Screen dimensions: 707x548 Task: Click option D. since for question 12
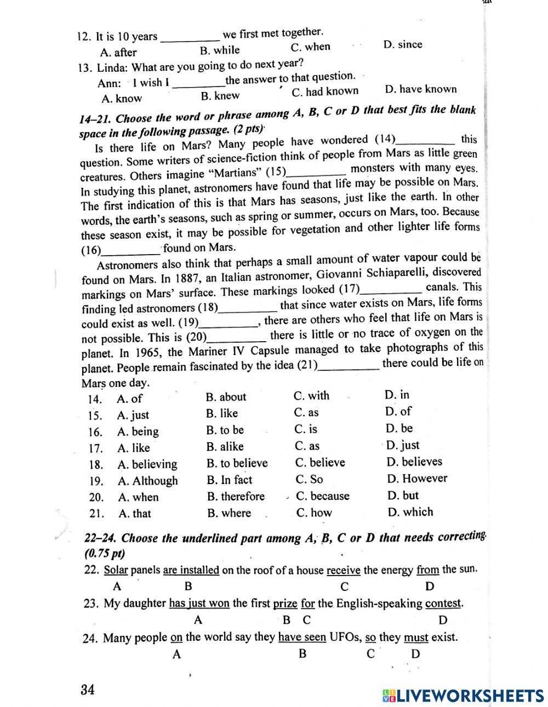coord(403,44)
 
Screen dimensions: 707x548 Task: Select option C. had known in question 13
coord(325,91)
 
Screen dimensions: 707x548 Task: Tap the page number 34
coord(88,689)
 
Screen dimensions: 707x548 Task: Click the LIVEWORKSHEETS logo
coord(463,695)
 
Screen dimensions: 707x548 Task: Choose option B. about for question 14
coord(226,397)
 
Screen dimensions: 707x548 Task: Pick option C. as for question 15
coord(306,412)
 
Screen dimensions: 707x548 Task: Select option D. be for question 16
coord(399,428)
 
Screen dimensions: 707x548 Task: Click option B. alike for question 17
coord(225,446)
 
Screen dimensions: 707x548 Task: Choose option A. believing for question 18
coord(147,464)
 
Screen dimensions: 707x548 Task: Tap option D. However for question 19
coord(417,478)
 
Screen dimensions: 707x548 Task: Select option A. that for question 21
coord(135,514)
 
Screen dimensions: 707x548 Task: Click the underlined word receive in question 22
coord(344,570)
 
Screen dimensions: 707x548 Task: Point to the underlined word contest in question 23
coord(443,603)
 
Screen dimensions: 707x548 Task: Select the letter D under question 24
coord(415,653)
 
